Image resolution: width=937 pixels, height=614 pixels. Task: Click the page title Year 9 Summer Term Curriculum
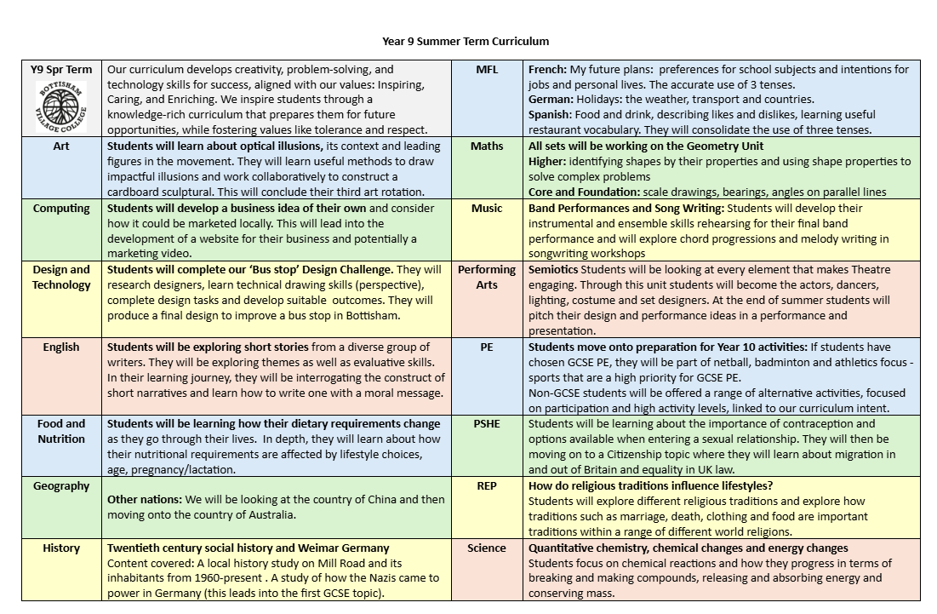466,41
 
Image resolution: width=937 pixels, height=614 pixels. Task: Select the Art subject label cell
61,146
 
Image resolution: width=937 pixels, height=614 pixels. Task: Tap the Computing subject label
61,208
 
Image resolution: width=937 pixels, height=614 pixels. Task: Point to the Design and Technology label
61,278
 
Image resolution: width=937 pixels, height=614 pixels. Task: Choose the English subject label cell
61,347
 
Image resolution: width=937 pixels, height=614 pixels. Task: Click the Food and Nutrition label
61,431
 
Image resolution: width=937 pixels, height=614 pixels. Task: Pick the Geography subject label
61,485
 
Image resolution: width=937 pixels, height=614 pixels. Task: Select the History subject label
61,548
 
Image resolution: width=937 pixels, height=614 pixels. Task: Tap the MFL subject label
487,69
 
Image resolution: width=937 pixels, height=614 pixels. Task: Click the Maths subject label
487,146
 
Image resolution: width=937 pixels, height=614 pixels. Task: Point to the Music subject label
487,208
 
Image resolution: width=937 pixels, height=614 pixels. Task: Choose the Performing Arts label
487,278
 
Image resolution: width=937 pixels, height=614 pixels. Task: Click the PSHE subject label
487,423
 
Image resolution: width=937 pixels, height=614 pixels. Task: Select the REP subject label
487,485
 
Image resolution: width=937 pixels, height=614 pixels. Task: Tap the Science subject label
487,548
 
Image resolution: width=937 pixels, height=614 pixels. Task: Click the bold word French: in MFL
547,69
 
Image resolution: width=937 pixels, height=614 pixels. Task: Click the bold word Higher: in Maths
547,161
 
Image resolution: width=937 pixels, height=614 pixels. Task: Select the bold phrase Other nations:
144,499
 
